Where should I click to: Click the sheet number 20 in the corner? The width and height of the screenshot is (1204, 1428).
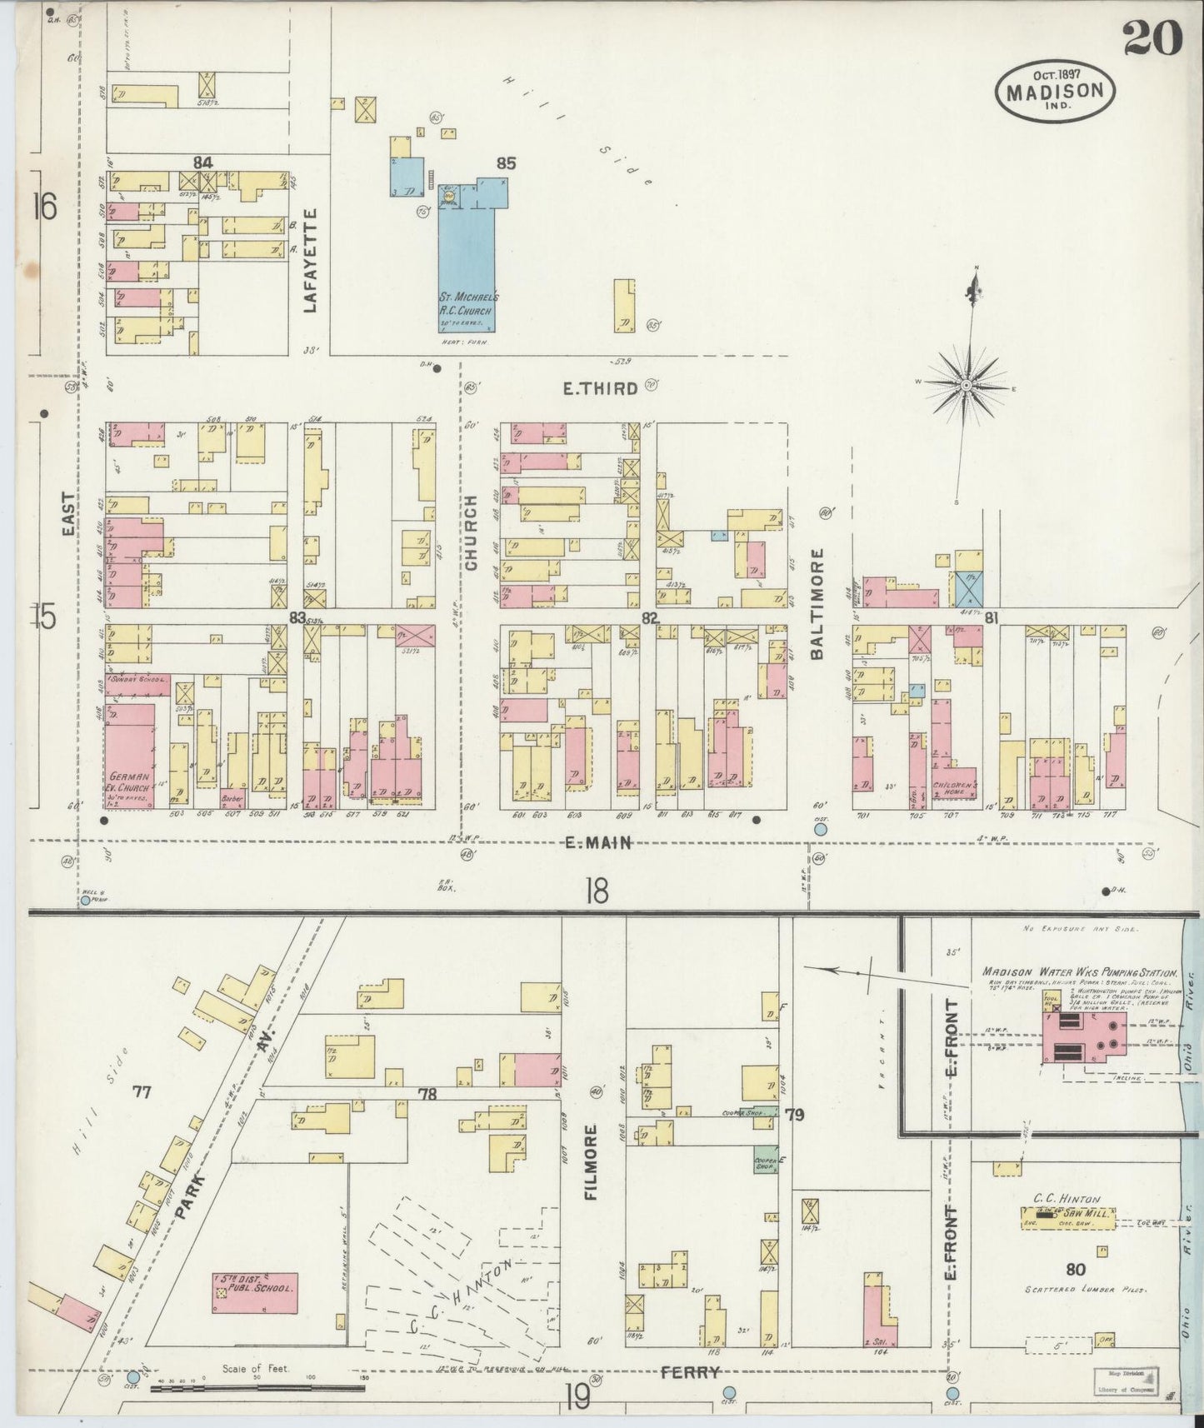tap(1152, 37)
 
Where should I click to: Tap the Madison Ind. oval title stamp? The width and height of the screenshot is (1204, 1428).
tap(1054, 91)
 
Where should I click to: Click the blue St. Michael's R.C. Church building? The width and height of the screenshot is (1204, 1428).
tap(467, 267)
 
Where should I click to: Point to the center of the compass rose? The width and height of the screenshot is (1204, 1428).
tap(966, 385)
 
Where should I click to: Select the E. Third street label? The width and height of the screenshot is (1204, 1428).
tap(601, 387)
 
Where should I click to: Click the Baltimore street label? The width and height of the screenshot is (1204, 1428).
tap(817, 603)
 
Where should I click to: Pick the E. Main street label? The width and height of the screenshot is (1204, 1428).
tap(597, 842)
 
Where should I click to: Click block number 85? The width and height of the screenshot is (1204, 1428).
tap(506, 164)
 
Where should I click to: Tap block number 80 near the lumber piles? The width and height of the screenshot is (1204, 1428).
tap(1075, 1271)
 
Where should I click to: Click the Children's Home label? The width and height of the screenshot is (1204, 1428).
tap(955, 787)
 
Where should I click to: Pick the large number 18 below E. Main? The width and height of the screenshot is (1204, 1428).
tap(597, 891)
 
